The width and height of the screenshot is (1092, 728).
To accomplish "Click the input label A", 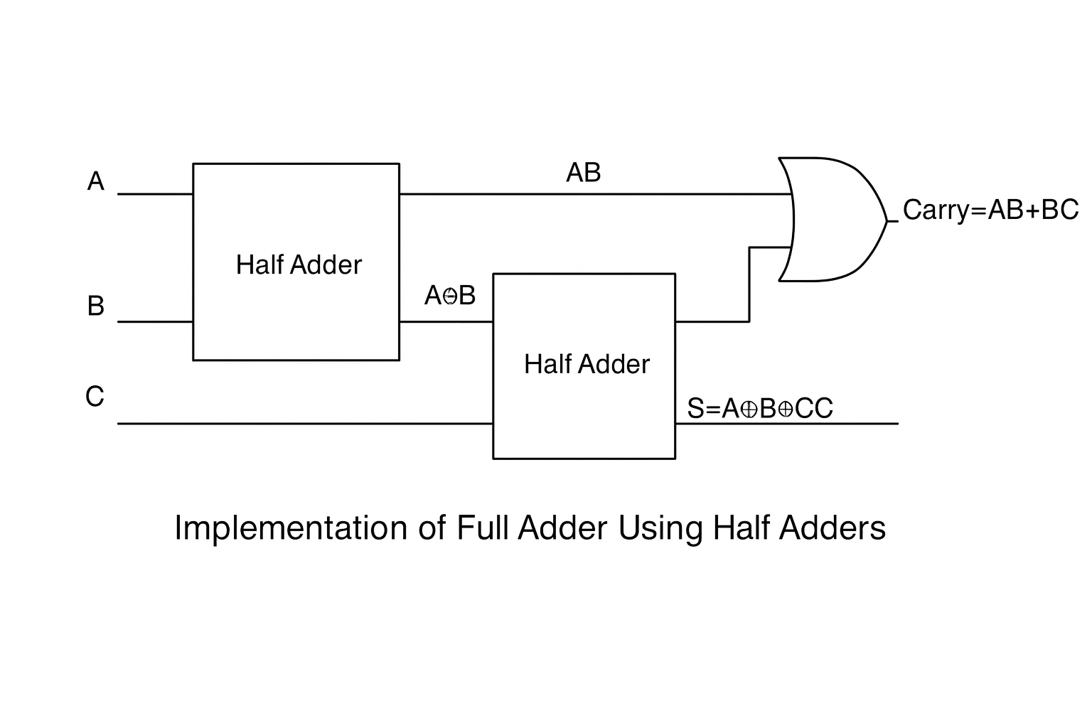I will pos(96,182).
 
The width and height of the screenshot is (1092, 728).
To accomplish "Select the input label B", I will pos(96,306).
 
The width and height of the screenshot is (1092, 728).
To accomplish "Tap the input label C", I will pos(95,397).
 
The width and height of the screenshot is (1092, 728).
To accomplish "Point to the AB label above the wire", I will pos(583,173).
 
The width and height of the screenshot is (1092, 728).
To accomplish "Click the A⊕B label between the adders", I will pos(449,295).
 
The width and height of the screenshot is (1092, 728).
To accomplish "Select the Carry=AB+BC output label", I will pos(990,210).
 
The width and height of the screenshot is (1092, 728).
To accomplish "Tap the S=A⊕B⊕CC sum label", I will pos(759,409).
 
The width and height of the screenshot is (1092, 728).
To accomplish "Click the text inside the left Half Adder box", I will pos(299,265).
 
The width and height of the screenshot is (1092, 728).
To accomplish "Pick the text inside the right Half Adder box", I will pos(587,365).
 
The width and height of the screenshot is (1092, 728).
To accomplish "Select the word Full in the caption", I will pos(481,528).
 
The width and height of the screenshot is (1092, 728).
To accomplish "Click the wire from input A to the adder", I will pos(155,193).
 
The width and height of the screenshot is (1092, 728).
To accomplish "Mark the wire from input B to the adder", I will pos(155,321).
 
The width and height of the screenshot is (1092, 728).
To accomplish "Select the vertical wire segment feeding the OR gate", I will pos(749,284).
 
